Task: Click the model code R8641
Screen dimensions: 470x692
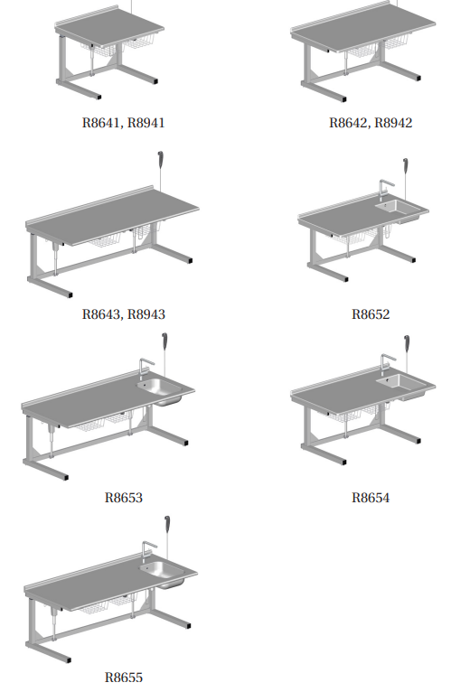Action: [100, 123]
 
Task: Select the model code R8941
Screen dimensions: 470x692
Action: [146, 123]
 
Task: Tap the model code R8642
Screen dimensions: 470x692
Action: [348, 123]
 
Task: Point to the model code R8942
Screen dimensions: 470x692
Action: [393, 123]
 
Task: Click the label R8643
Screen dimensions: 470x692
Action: [100, 314]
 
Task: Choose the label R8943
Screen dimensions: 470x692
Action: [146, 314]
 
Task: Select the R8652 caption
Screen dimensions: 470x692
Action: [371, 314]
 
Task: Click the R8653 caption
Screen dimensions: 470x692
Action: [124, 498]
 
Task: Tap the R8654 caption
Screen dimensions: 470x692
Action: [371, 498]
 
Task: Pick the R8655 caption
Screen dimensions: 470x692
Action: [124, 677]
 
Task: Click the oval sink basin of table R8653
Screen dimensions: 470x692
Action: [159, 387]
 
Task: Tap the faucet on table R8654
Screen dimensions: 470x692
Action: [387, 364]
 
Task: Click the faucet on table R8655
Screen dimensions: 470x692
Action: [148, 552]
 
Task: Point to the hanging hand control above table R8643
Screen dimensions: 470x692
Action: [160, 160]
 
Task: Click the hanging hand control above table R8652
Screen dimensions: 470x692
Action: [405, 166]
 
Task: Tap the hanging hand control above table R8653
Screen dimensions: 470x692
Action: [164, 341]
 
